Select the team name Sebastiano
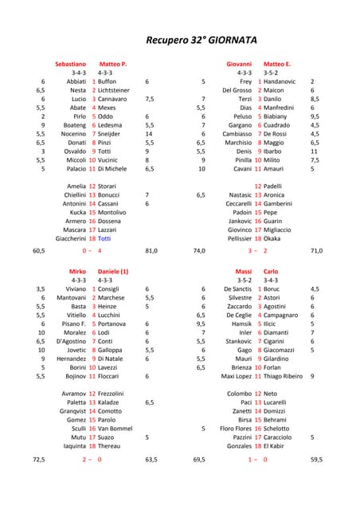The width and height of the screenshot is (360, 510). coord(70,63)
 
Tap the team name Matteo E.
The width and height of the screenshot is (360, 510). coord(276,63)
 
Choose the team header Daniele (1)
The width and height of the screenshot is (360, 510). coord(113,272)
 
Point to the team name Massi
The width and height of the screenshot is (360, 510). coord(243,272)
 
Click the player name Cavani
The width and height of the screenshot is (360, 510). coord(243,169)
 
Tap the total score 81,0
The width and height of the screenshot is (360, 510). coord(151,251)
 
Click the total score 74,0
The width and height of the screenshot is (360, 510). coord(199,251)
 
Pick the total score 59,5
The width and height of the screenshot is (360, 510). coord(316,460)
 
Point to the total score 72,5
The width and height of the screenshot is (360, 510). coord(38,460)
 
